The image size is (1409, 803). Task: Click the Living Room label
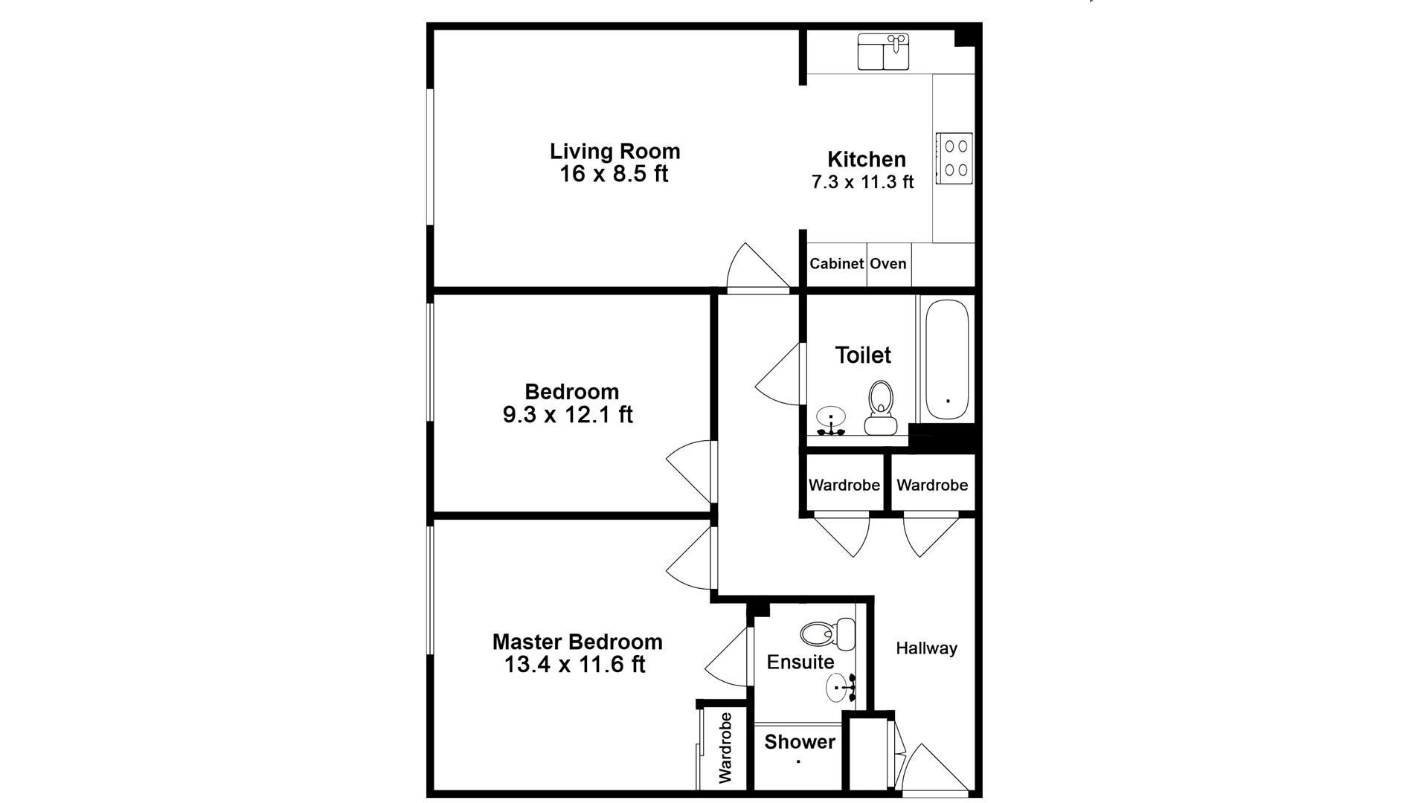(614, 151)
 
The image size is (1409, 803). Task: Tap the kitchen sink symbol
(883, 51)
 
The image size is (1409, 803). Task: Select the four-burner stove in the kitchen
(954, 158)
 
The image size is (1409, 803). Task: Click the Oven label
(888, 264)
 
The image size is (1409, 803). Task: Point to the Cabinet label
(836, 264)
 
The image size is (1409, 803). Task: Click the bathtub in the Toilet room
(947, 360)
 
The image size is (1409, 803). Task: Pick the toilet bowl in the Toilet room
(881, 407)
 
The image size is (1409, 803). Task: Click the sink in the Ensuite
(841, 688)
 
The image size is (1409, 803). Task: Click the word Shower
(799, 741)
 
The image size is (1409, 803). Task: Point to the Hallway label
(926, 648)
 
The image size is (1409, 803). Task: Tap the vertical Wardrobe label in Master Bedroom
(725, 747)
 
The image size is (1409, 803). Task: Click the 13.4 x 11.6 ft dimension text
(574, 665)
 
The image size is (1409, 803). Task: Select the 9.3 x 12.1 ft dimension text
(568, 415)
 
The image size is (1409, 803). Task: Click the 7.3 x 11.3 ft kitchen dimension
(862, 182)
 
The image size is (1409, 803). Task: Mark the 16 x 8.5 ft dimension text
(614, 174)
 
